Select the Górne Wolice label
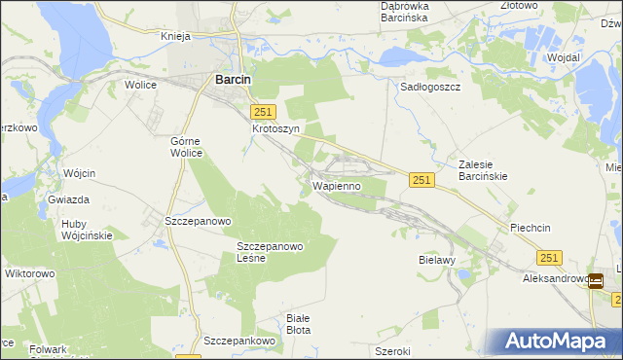click(x=186, y=146)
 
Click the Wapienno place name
click(x=337, y=184)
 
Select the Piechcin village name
click(x=531, y=228)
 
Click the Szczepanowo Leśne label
click(x=271, y=252)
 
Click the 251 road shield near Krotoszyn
click(x=264, y=112)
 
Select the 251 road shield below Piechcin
click(x=548, y=257)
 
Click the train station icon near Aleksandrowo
click(x=595, y=282)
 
